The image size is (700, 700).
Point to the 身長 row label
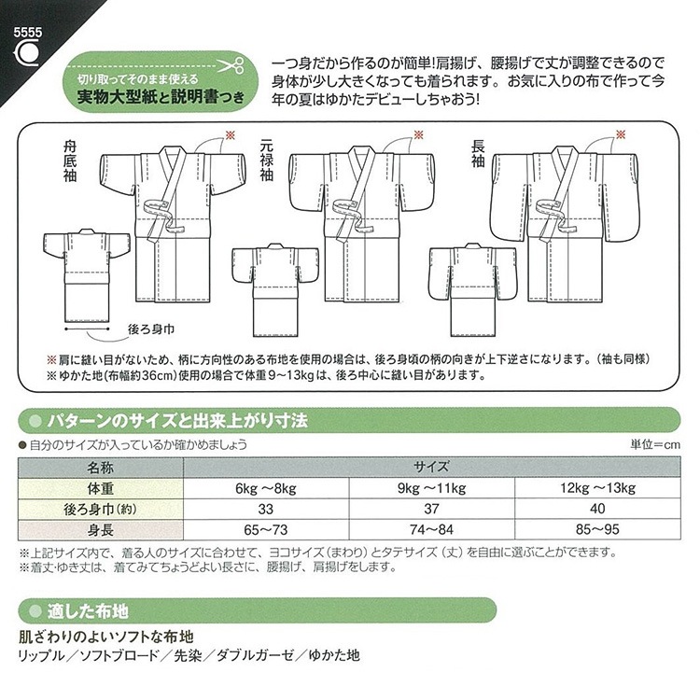(101, 531)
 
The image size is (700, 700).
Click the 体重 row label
(101, 487)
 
